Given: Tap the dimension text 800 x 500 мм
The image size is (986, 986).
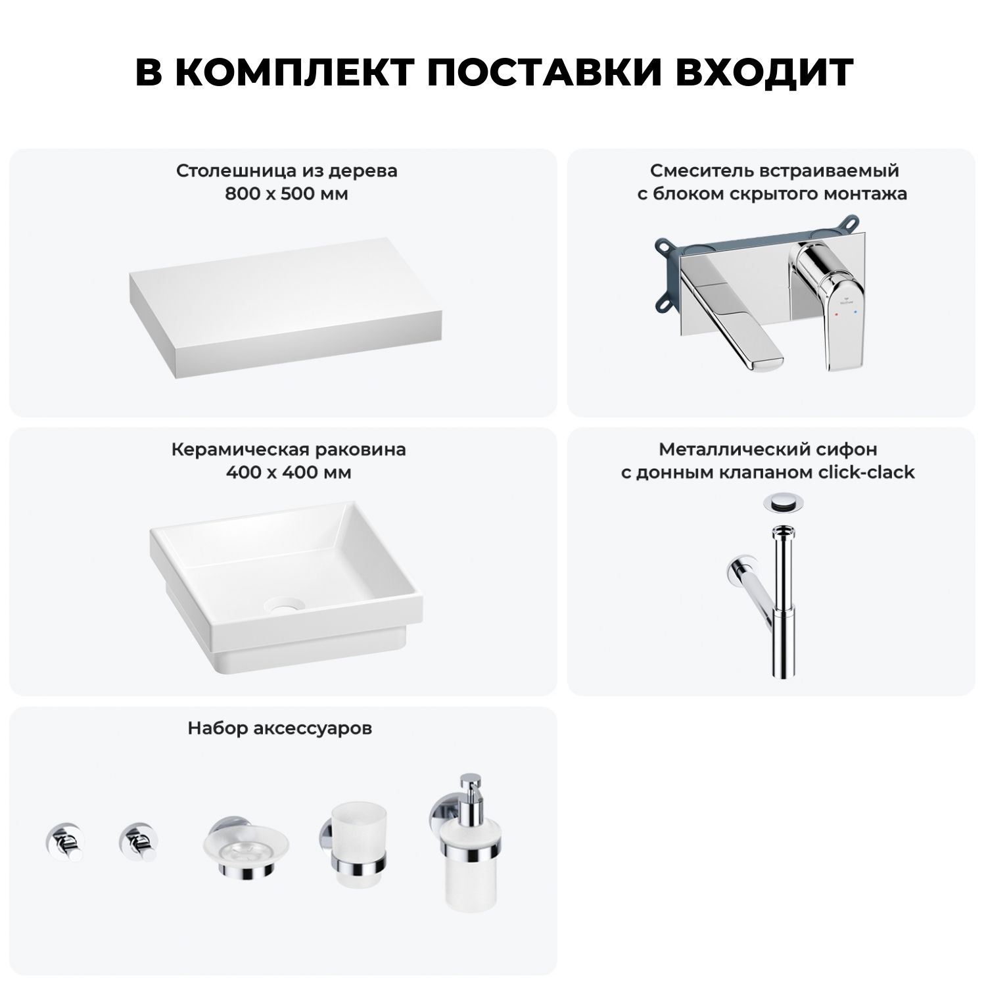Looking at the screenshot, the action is click(287, 194).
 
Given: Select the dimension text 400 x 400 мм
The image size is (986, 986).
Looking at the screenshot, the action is click(288, 473).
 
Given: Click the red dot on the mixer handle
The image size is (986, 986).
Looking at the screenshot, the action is click(835, 316).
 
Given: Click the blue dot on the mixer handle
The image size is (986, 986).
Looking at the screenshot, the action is click(855, 316).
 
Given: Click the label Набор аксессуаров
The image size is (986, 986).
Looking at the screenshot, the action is click(280, 728).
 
